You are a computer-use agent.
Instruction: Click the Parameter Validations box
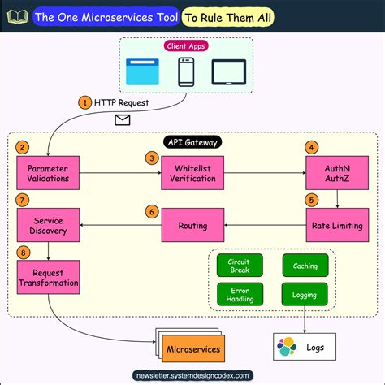[48, 173]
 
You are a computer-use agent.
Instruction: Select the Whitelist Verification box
[192, 173]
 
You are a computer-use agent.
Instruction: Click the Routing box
[192, 225]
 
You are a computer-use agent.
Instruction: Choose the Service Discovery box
[48, 226]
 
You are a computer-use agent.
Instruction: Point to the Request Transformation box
[48, 278]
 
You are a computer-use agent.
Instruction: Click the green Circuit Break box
[240, 265]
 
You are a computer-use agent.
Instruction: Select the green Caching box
[305, 265]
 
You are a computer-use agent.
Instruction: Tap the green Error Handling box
[240, 293]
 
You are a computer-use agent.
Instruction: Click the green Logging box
[305, 293]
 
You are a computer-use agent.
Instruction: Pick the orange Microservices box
[192, 349]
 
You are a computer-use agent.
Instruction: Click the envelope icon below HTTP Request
[123, 120]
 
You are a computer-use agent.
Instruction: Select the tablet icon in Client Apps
[229, 73]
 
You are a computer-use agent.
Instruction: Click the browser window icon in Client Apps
[145, 73]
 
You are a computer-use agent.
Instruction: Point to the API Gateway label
[192, 142]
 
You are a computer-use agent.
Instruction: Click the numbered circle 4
[311, 147]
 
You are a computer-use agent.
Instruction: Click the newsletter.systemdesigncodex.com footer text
[192, 375]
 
